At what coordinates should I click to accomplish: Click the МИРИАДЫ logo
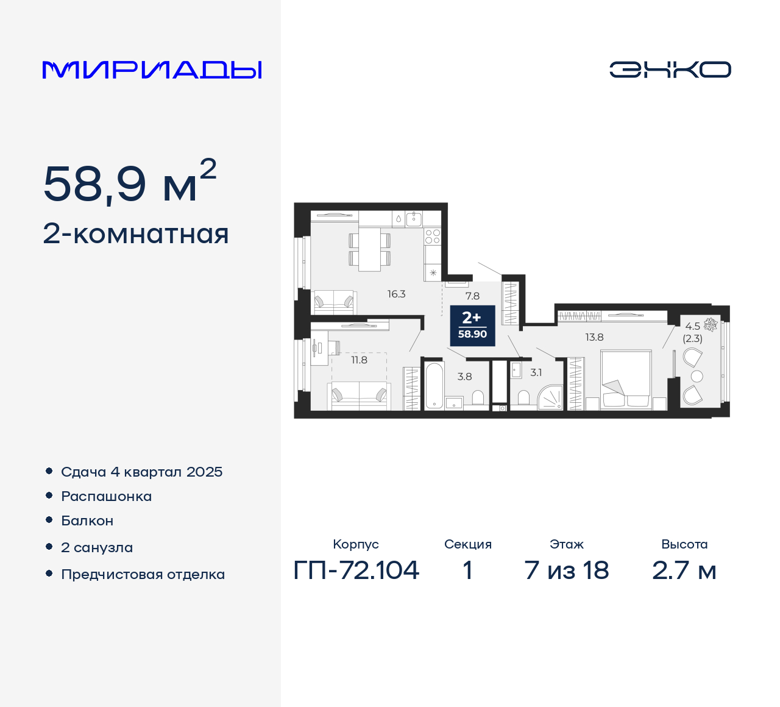152,70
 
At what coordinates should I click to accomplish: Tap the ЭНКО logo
670,69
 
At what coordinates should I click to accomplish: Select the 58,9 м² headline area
130,183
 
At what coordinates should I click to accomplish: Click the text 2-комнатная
136,234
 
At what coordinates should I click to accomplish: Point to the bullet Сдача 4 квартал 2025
141,472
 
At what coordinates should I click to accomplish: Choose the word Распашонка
106,496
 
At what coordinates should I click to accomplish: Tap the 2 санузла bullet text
97,547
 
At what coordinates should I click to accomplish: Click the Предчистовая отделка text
143,574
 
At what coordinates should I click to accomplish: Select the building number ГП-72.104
356,570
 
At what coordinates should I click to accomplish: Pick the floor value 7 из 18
566,570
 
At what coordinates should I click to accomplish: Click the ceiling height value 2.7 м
684,570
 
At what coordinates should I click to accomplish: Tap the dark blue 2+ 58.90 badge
472,325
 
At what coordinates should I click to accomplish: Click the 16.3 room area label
396,294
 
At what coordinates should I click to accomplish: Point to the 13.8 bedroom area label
594,337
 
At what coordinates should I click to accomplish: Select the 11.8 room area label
359,360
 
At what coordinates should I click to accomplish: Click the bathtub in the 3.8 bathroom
433,385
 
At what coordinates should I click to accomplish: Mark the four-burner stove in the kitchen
432,236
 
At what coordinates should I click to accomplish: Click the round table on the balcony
697,376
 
